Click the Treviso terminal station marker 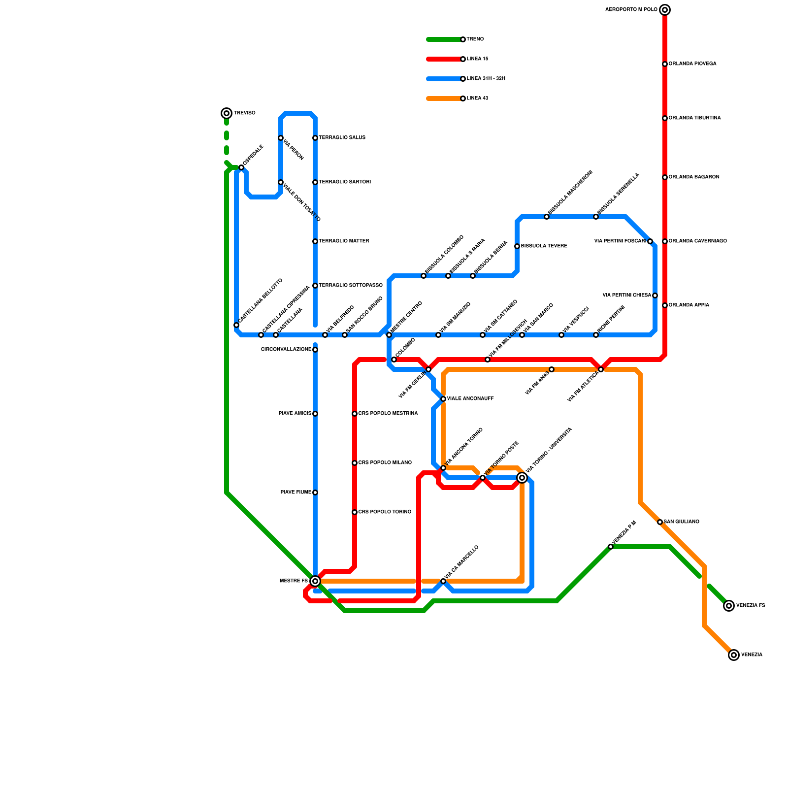point(227,113)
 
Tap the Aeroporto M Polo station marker point(665,10)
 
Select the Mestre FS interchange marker point(315,581)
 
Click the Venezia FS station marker point(729,606)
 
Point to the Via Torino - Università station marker point(522,478)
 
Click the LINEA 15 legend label point(477,59)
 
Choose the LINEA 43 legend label point(477,98)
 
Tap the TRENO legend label point(475,39)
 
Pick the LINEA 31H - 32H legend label point(486,79)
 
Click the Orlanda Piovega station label point(692,64)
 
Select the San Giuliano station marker point(660,522)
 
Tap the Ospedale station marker point(241,167)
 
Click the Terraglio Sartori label point(345,182)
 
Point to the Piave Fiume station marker point(315,492)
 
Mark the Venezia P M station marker point(611,547)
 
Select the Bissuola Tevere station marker point(517,246)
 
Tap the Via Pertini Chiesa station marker point(655,295)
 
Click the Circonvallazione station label point(286,350)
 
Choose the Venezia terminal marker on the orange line point(734,655)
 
